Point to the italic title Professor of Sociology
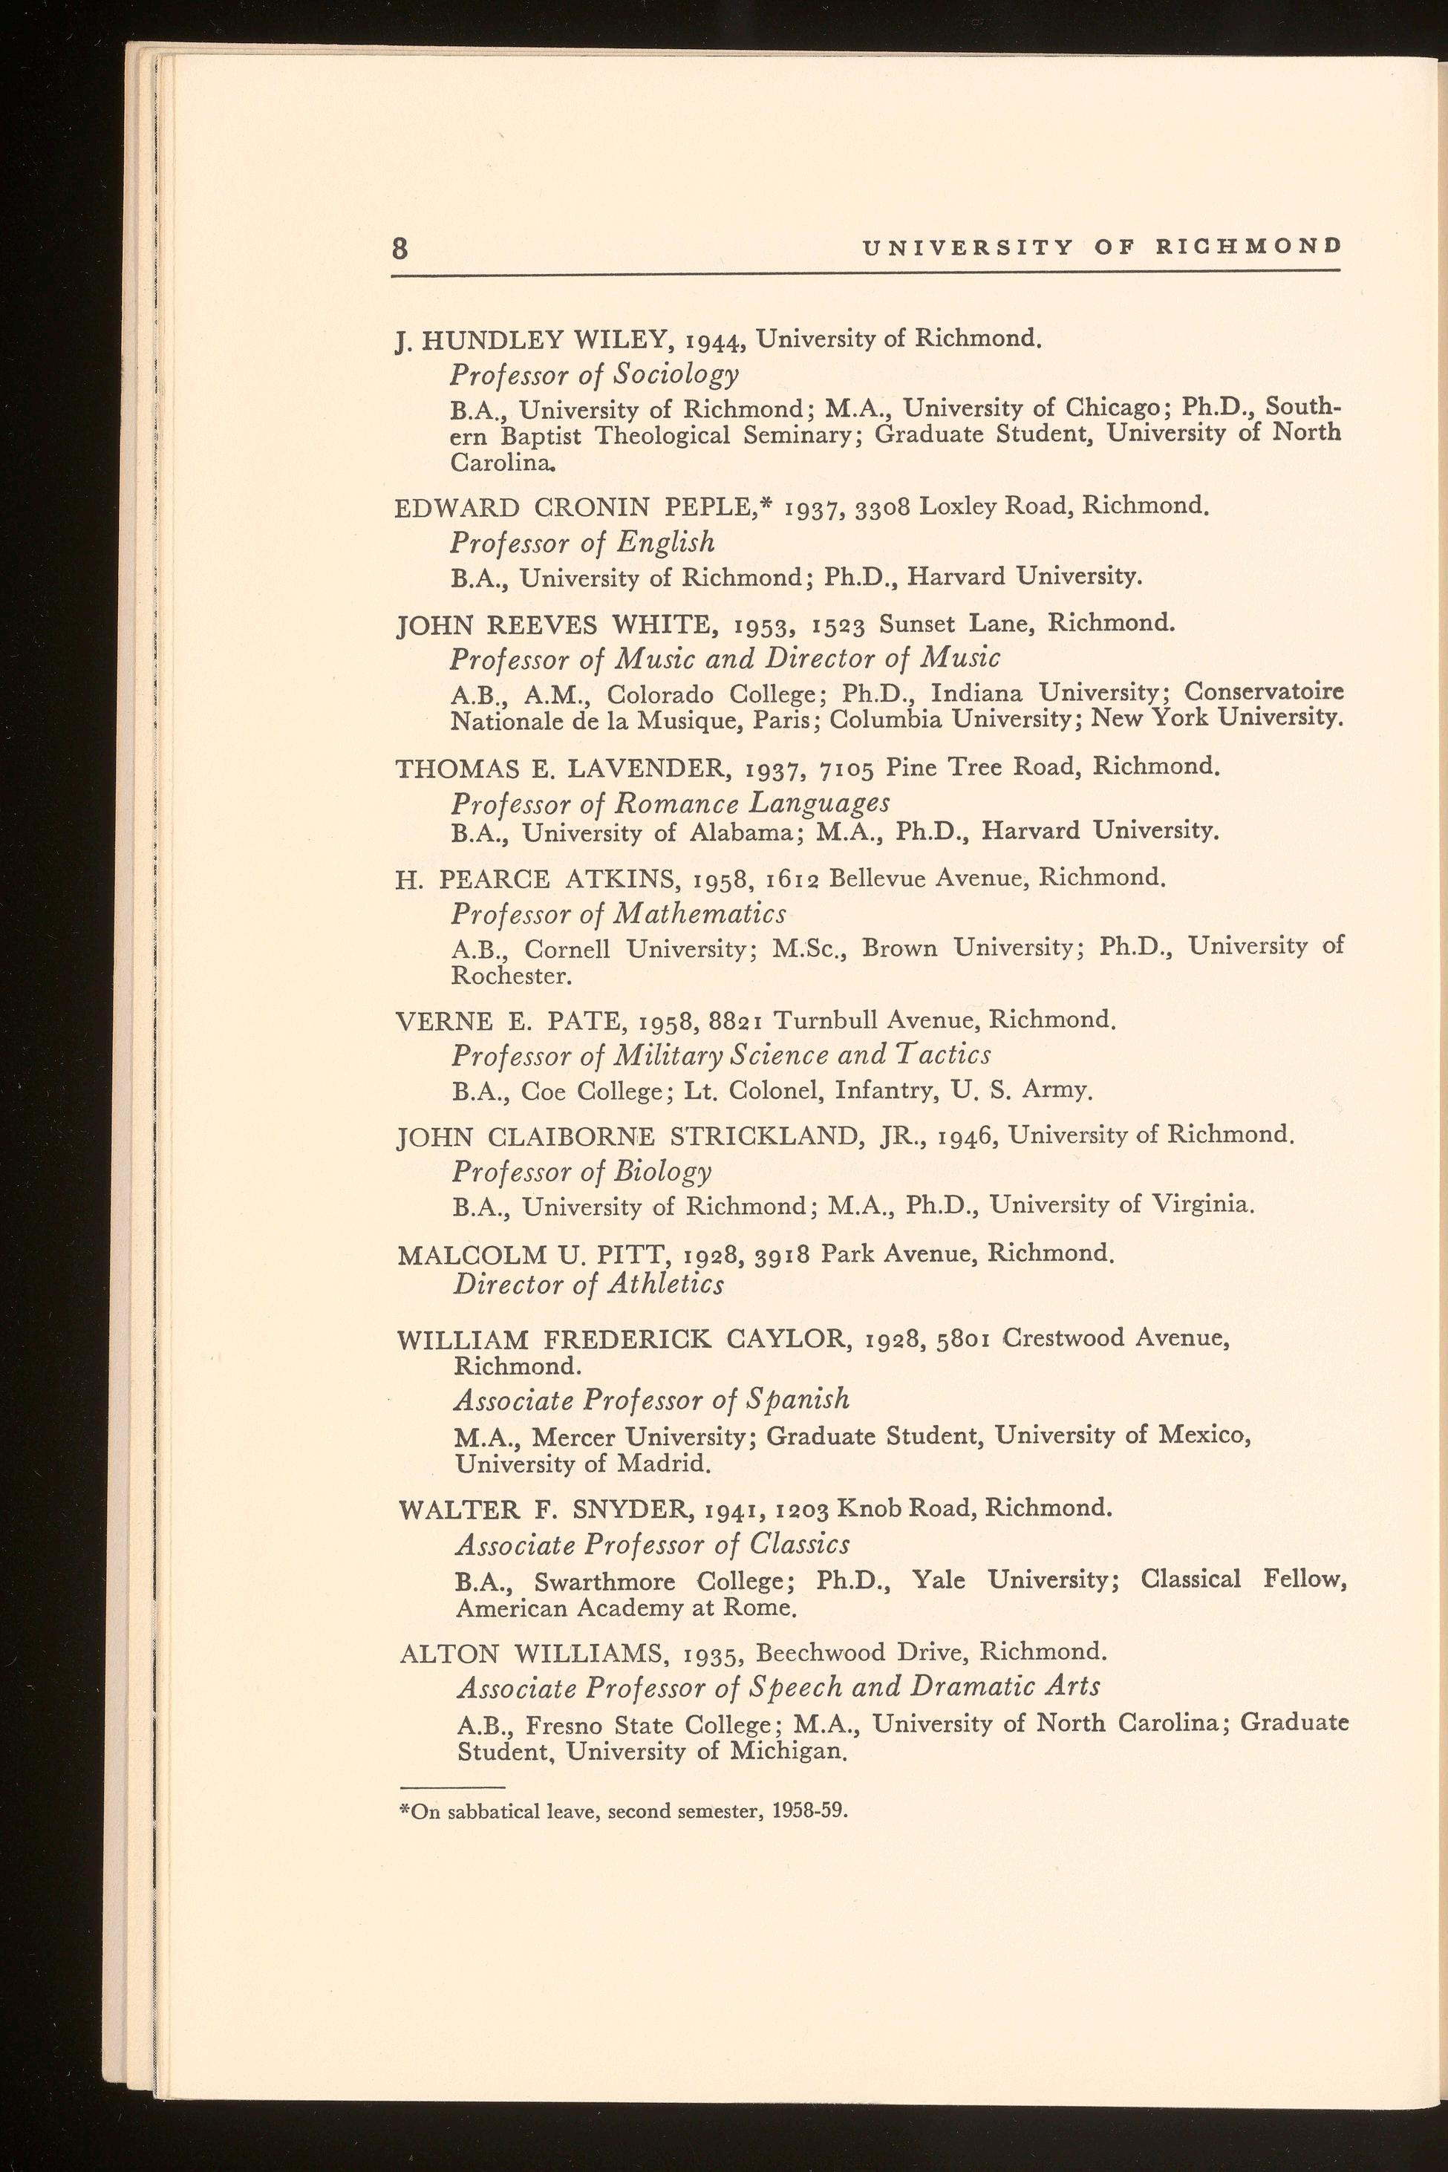point(595,374)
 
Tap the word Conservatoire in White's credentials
point(1263,691)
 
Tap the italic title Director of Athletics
point(588,1284)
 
